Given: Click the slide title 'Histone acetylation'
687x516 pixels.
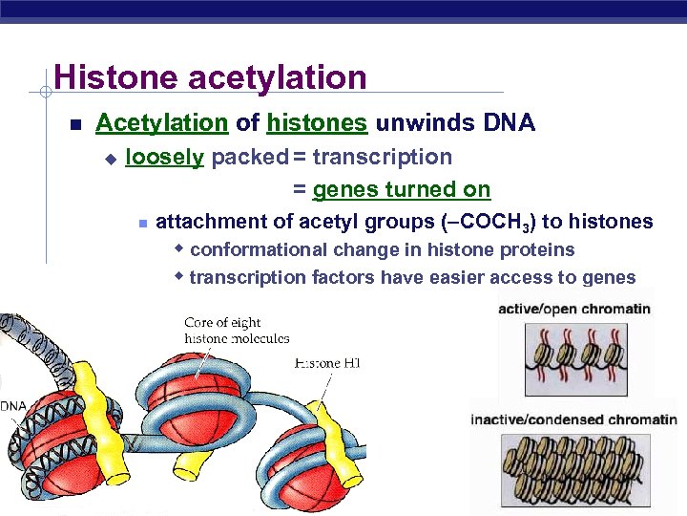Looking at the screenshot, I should coord(210,76).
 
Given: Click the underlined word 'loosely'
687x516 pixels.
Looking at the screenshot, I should coord(164,157).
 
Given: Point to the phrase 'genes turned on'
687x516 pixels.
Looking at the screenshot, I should coord(402,189).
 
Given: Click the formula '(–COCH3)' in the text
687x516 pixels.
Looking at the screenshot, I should coord(490,223).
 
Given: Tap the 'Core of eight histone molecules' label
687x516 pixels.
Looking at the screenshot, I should coord(237,331).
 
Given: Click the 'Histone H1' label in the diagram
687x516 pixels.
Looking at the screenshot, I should coord(328,363).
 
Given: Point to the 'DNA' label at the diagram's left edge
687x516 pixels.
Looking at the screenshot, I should coord(12,406).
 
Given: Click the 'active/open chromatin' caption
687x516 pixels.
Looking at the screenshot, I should coord(574,309).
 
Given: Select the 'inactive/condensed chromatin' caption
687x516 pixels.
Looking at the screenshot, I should coord(573,419).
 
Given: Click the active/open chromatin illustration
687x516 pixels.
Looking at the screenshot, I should coord(573,355).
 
